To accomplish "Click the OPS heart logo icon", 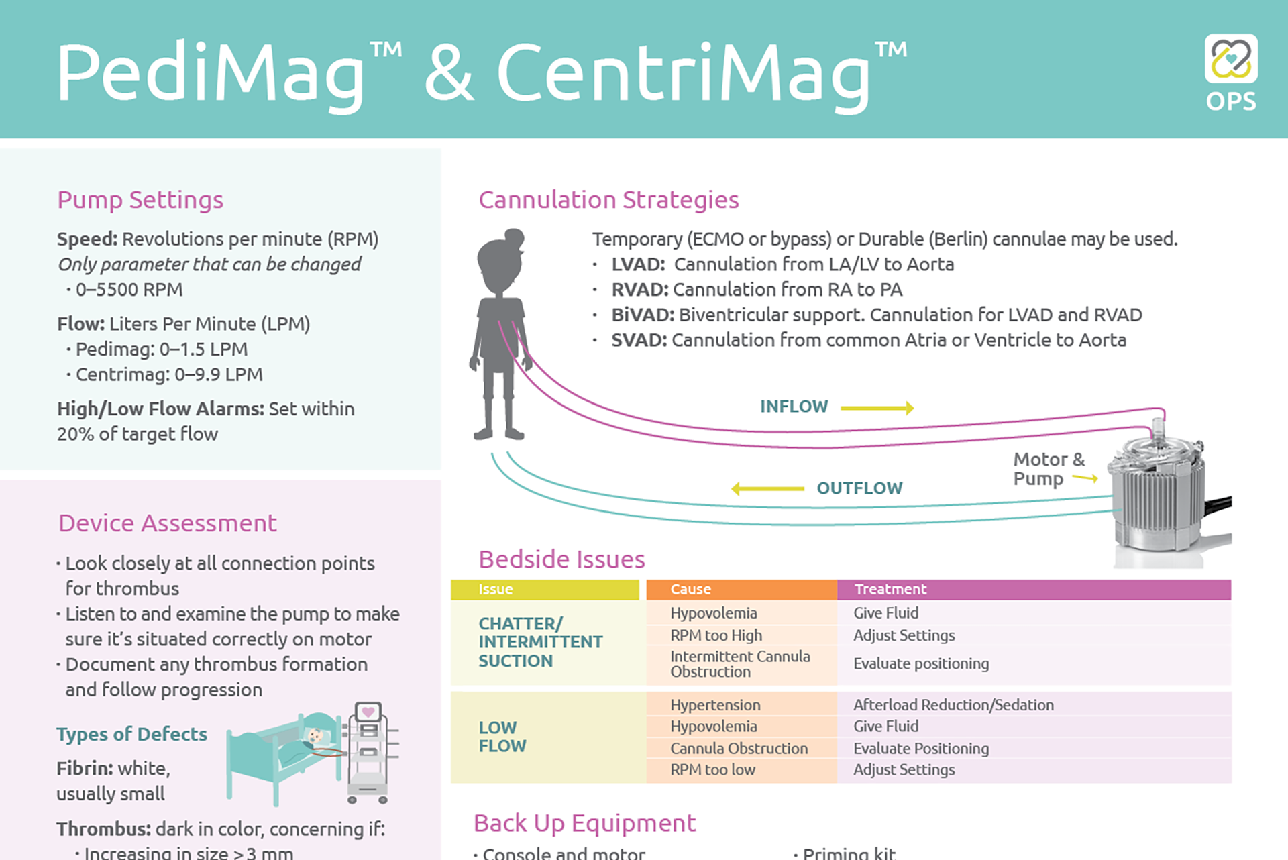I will (x=1231, y=59).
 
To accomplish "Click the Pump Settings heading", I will (x=140, y=200).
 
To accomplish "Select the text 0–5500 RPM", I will (x=129, y=290).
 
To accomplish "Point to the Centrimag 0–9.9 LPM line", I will (x=168, y=374).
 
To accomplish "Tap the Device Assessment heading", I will (x=167, y=523).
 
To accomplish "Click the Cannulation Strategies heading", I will (x=608, y=200).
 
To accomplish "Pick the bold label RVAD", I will (x=639, y=290).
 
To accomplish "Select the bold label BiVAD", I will (x=642, y=315).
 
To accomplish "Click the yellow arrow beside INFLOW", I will (x=877, y=408).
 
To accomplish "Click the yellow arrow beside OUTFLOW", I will (x=767, y=489).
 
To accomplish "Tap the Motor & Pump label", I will (x=1048, y=469).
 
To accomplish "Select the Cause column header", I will (x=690, y=589).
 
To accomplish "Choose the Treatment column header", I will (x=890, y=589).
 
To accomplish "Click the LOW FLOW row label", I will (x=502, y=737).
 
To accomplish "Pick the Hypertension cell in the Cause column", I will (x=715, y=705).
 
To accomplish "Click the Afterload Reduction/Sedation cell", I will (x=953, y=705).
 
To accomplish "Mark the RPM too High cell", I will (x=716, y=635).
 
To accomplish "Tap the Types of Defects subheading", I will (x=131, y=734).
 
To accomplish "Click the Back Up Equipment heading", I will (x=584, y=823).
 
